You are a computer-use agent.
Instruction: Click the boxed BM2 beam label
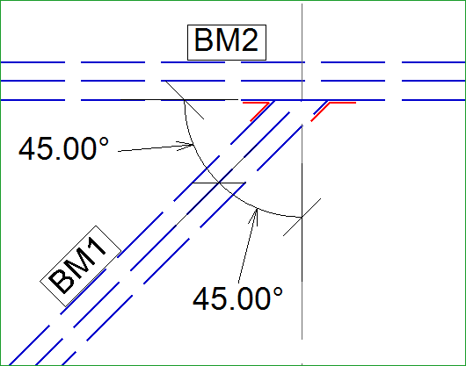pos(227,42)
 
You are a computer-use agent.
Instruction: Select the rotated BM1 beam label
pos(81,266)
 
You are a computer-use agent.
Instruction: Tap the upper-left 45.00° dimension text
pos(63,149)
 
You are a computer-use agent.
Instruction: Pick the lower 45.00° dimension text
pos(237,298)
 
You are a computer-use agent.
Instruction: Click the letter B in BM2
pos(205,40)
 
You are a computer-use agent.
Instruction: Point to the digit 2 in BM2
pos(249,39)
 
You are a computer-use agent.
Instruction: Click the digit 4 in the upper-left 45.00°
pos(27,148)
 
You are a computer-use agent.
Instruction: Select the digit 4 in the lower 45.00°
pos(202,298)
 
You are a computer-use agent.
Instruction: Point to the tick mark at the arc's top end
pos(185,100)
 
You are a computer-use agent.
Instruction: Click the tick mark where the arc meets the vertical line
pos(302,217)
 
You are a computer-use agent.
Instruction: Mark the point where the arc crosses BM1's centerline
pos(219,183)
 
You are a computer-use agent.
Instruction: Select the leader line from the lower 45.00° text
pos(247,246)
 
